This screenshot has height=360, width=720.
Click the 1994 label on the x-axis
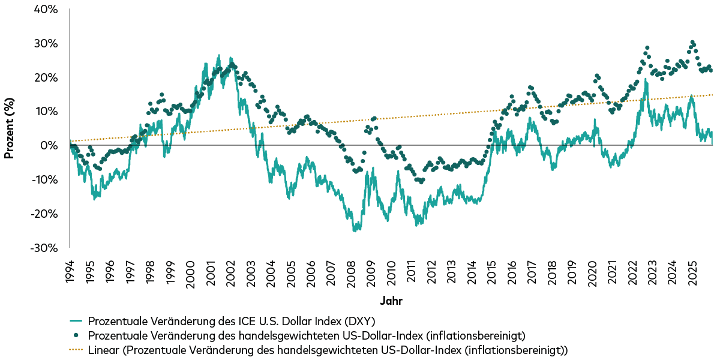pos(70,272)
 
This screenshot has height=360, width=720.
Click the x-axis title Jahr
pos(391,299)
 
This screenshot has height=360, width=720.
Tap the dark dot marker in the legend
pos(76,335)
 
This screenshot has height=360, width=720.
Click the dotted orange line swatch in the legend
pos(76,349)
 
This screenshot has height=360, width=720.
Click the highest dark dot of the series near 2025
pos(692,43)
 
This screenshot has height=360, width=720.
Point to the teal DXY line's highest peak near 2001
pos(218,55)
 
